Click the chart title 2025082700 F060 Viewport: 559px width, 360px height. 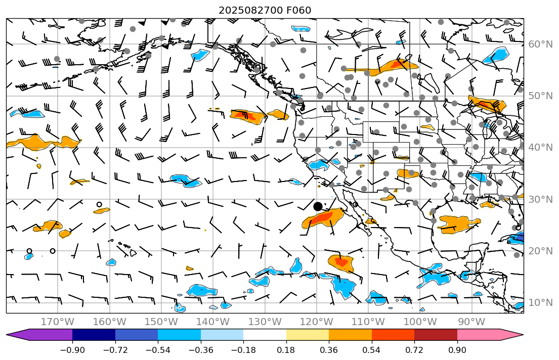(265, 10)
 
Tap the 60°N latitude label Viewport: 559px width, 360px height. (540, 44)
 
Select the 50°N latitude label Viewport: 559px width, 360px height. (540, 96)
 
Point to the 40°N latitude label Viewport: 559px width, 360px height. (540, 148)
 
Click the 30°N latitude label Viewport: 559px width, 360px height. (540, 199)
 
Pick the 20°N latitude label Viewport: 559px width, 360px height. (540, 251)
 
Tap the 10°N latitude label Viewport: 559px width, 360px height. (540, 303)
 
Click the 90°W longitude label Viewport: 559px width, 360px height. (471, 322)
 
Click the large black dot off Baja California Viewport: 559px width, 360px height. (318, 206)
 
